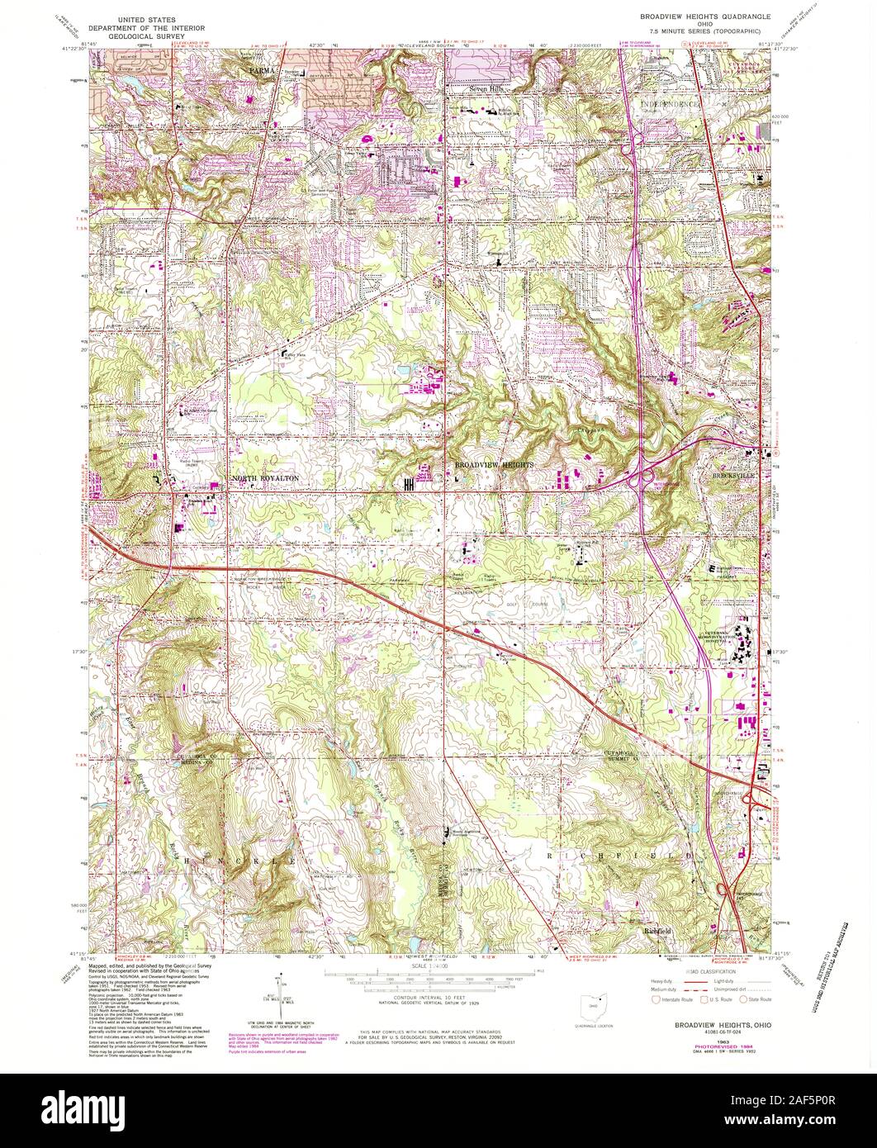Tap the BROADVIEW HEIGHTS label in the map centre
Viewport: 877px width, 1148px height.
click(494, 466)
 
